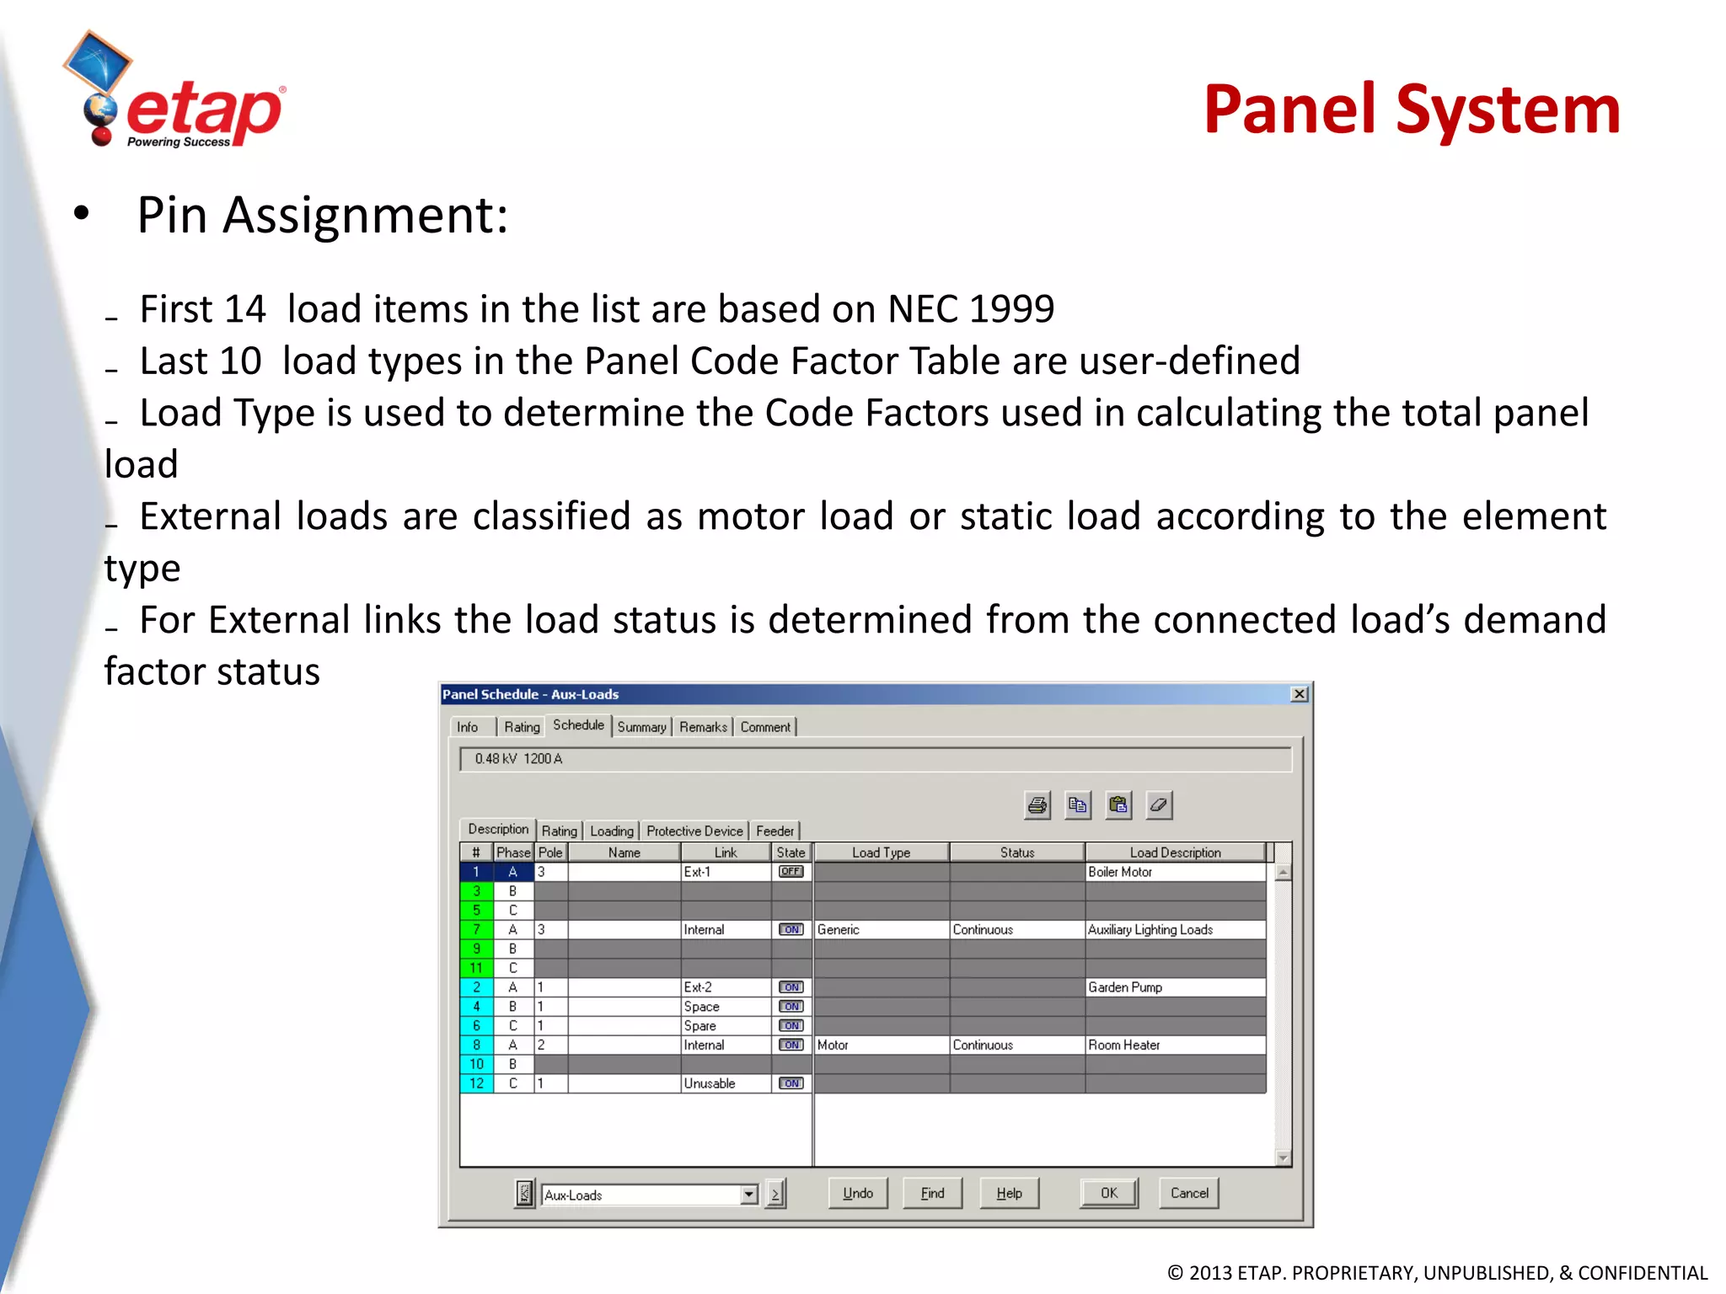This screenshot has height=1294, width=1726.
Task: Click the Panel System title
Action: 1412,110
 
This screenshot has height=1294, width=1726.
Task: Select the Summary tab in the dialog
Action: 641,727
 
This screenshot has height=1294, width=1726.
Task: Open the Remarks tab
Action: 703,727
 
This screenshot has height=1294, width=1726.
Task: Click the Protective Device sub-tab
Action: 694,831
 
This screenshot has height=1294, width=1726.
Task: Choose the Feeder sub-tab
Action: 775,831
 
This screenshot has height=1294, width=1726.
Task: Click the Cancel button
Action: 1188,1193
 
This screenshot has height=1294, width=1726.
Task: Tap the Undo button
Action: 857,1193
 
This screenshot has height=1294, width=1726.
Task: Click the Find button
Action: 932,1193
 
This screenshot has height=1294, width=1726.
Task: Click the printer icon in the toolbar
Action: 1037,805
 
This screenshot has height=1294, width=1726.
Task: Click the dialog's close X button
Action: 1299,694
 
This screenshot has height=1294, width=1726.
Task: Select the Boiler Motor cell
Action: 1175,872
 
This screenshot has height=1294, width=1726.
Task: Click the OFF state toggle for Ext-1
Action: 791,872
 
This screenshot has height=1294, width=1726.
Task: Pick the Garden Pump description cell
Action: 1175,987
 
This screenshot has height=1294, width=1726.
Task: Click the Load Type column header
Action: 881,853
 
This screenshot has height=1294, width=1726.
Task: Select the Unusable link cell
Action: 725,1083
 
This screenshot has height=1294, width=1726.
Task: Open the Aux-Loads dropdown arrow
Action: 748,1195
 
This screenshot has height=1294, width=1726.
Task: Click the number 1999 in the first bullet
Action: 1011,309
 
